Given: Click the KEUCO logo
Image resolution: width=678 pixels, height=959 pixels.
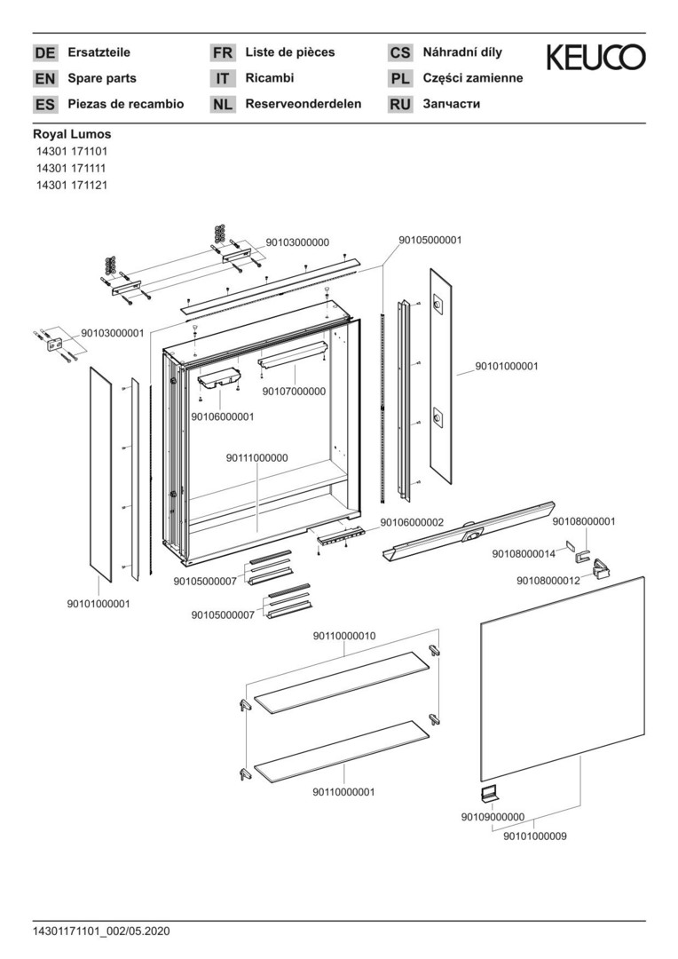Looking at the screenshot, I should [x=595, y=58].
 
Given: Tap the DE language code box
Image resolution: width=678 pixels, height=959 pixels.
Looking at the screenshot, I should [x=44, y=53].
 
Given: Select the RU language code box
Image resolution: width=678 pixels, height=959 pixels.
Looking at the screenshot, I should [x=400, y=105].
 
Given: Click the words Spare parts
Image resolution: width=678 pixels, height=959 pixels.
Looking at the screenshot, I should [x=102, y=78].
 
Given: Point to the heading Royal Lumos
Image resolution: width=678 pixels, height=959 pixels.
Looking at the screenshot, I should [x=72, y=134].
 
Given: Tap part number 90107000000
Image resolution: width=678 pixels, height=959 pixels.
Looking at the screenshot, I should [x=294, y=391].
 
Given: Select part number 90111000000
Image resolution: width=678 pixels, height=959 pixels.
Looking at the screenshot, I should [x=256, y=458].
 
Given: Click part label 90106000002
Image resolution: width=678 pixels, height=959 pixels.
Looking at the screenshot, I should [x=412, y=522].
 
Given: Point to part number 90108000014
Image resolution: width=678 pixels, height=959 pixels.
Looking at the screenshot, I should [x=524, y=553].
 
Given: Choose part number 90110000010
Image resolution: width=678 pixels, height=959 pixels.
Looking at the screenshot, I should [x=344, y=636].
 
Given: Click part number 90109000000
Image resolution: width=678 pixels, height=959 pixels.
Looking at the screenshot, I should [x=493, y=817].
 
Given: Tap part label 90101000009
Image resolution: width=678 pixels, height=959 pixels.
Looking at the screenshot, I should [x=535, y=836].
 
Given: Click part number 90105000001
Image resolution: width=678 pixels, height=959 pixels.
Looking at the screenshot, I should [x=430, y=240].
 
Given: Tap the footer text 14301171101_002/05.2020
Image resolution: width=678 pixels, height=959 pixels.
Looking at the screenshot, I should [x=100, y=931].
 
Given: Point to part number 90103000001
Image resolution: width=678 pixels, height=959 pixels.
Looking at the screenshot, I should [x=112, y=333].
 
